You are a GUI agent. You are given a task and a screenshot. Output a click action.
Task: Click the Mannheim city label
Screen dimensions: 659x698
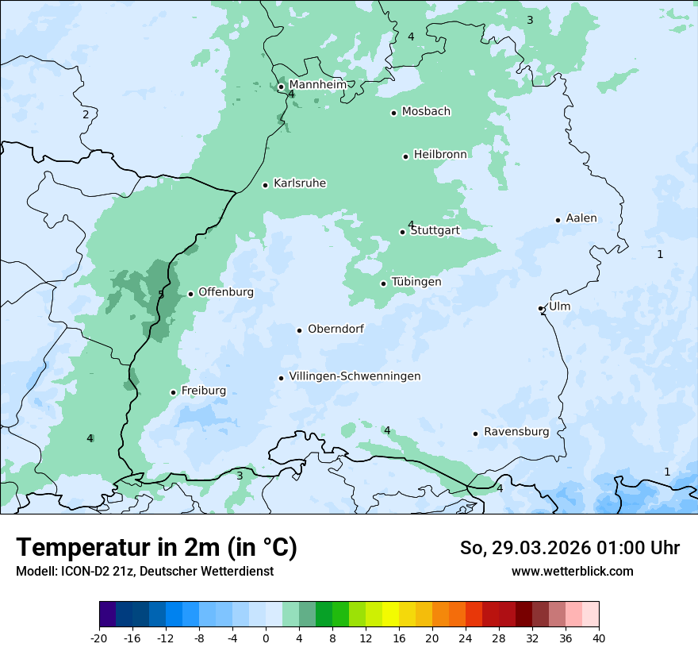tap(317, 85)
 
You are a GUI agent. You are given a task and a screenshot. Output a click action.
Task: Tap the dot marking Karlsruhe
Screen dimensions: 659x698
tap(266, 185)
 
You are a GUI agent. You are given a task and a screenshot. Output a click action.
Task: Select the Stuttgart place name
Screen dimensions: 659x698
tap(435, 231)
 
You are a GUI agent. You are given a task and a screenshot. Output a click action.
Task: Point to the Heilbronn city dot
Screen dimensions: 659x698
tap(405, 156)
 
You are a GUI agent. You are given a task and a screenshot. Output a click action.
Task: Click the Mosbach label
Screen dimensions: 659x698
tap(426, 112)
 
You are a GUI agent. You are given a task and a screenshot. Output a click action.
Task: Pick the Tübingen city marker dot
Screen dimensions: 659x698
tap(383, 283)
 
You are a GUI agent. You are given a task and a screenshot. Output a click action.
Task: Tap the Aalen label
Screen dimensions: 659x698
tap(581, 218)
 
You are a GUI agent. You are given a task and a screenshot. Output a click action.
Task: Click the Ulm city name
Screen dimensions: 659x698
tap(559, 306)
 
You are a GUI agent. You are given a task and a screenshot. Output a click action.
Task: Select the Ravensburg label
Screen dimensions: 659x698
tap(516, 432)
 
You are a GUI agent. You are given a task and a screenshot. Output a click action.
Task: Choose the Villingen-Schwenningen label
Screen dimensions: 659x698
tap(355, 376)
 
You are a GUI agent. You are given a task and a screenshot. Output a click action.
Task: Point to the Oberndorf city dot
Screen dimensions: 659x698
tap(299, 330)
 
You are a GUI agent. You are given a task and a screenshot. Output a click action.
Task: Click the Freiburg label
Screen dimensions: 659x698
tap(203, 391)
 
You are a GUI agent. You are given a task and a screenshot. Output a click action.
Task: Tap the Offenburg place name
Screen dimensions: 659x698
tap(226, 292)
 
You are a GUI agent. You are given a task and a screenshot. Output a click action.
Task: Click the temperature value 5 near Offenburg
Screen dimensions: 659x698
tap(161, 295)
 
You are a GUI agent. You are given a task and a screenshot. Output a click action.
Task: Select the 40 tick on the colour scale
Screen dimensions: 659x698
tap(599, 638)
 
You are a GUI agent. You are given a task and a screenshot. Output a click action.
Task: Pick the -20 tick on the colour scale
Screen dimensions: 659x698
tap(99, 638)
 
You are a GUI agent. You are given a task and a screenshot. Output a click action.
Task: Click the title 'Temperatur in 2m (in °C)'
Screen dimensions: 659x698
tap(156, 548)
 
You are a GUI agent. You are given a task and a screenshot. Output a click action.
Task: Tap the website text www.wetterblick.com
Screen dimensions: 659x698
tap(572, 571)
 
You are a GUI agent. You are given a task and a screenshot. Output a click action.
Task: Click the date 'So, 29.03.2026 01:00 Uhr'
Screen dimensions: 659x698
tap(570, 548)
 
